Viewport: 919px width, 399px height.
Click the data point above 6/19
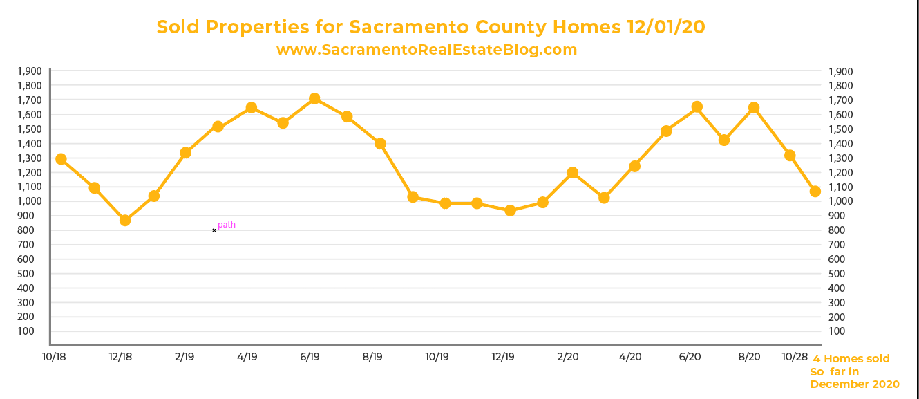(314, 99)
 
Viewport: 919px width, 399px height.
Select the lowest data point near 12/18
(125, 220)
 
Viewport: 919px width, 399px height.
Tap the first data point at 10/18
(61, 159)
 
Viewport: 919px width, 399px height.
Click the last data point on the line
(815, 192)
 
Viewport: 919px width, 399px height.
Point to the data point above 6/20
(697, 106)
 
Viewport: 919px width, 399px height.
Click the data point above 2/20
(572, 172)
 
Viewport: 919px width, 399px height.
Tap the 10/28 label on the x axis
(794, 357)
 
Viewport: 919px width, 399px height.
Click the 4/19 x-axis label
(247, 357)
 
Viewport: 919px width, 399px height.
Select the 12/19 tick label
(503, 357)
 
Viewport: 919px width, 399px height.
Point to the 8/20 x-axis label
(749, 357)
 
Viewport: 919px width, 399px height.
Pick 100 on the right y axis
(836, 331)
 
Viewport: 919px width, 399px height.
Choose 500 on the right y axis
(836, 274)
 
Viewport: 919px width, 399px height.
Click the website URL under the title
(426, 50)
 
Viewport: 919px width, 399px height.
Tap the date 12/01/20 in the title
(665, 27)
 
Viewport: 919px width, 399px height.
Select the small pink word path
(227, 225)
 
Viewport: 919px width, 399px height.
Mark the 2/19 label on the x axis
(184, 357)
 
